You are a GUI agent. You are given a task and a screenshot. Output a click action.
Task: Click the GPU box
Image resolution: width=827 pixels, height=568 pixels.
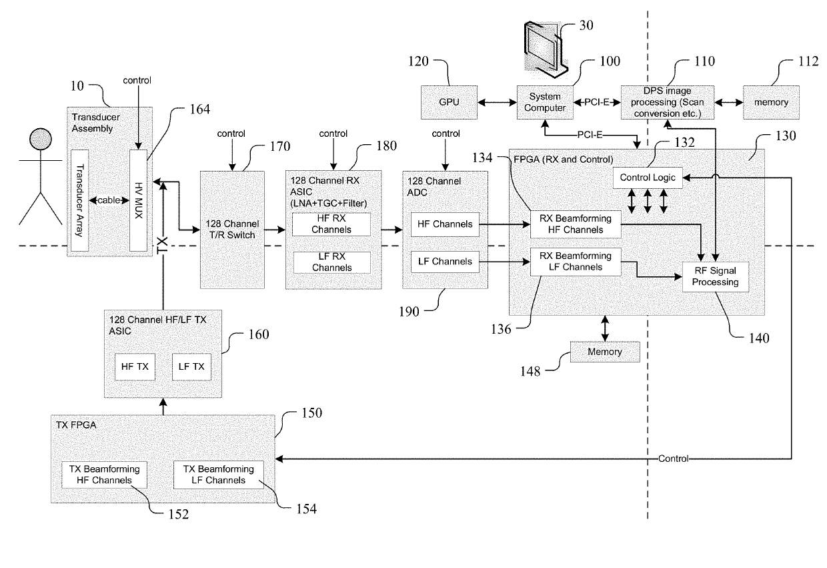click(x=449, y=102)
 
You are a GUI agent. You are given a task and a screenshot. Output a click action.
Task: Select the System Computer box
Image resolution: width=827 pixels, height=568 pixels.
click(x=545, y=102)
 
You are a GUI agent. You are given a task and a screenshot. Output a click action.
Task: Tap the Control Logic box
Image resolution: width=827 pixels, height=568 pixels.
click(x=648, y=178)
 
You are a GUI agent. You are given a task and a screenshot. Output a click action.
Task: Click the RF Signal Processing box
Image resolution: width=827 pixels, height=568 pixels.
click(x=715, y=277)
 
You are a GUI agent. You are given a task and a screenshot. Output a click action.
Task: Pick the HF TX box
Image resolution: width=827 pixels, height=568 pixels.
click(x=135, y=367)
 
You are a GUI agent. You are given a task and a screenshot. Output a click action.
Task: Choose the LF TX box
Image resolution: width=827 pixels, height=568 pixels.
click(x=191, y=367)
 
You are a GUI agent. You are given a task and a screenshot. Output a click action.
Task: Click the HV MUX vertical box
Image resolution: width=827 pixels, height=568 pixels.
click(x=139, y=200)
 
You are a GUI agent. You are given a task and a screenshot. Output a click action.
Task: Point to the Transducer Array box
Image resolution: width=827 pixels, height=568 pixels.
click(x=79, y=200)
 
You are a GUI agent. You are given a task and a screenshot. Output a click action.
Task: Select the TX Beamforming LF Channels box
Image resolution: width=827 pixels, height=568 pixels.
click(x=219, y=475)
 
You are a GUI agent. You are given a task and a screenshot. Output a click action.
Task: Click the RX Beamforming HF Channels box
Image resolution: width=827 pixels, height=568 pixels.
click(x=576, y=224)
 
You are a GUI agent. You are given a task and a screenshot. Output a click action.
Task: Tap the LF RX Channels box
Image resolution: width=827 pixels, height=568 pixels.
click(x=332, y=262)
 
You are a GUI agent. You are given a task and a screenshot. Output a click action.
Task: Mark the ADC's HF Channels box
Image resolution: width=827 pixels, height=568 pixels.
click(x=445, y=224)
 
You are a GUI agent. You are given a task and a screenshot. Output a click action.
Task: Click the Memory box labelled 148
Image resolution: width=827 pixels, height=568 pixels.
click(x=605, y=352)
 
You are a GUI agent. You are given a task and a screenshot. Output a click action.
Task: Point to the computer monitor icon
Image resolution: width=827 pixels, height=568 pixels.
click(x=546, y=49)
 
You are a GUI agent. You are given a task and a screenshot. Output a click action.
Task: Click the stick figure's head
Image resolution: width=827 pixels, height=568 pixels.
click(x=41, y=139)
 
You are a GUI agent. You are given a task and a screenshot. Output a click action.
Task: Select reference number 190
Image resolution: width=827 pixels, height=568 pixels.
click(x=409, y=312)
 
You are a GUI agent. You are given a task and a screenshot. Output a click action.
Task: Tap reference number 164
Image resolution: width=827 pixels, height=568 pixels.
click(x=199, y=109)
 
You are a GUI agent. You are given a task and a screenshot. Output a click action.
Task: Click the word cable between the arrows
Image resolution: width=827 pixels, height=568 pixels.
click(x=109, y=200)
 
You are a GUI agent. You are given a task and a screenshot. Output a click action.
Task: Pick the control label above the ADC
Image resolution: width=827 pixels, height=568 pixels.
click(x=446, y=133)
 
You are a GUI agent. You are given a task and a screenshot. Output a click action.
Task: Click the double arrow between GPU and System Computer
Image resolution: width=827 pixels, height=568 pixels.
click(x=497, y=102)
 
